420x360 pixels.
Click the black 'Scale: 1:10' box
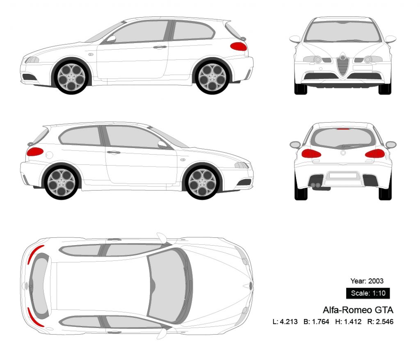click(x=367, y=293)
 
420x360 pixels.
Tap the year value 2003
click(x=376, y=281)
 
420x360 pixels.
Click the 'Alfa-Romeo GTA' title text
click(x=358, y=310)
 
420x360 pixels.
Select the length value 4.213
click(x=288, y=322)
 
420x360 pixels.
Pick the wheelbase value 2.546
click(x=384, y=322)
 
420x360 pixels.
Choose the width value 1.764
click(x=320, y=322)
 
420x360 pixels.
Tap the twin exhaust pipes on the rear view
click(x=316, y=185)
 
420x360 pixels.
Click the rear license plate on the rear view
click(x=343, y=175)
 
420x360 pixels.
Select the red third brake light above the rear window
click(x=343, y=129)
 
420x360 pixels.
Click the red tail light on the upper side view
click(x=238, y=46)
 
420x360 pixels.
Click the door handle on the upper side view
click(x=159, y=47)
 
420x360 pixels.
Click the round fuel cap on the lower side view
click(x=49, y=155)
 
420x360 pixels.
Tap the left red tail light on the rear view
click(x=310, y=154)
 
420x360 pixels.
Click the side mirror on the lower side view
click(x=162, y=144)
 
